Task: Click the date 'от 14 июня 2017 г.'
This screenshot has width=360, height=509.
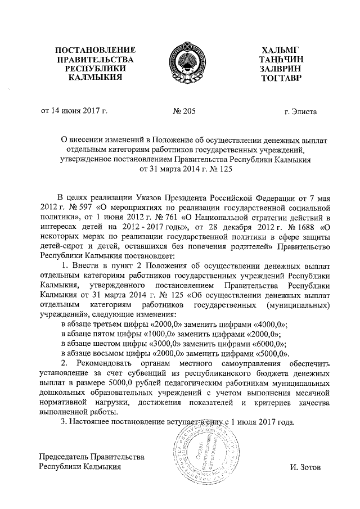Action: pyautogui.click(x=72, y=112)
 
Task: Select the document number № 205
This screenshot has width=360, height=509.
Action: pyautogui.click(x=184, y=112)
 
